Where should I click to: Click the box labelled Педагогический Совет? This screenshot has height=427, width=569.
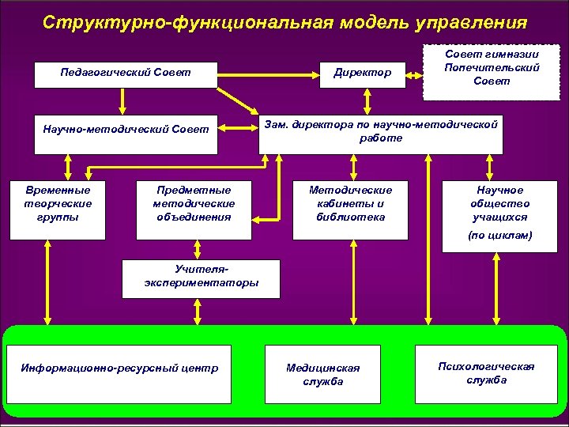(126, 74)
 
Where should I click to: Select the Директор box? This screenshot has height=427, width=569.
(362, 74)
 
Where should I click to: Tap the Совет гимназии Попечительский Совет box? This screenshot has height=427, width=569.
(480, 68)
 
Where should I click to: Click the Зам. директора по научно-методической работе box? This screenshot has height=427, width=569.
(381, 132)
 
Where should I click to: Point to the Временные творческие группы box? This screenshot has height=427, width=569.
(58, 210)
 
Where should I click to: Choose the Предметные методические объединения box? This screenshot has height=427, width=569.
(194, 210)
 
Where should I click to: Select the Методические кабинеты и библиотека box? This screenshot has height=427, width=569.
(350, 210)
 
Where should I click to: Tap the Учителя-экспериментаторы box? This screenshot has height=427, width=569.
(201, 277)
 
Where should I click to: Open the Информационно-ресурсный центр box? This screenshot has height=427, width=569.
(119, 368)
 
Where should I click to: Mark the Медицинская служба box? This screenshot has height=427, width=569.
(322, 375)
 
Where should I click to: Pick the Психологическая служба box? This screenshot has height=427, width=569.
(486, 372)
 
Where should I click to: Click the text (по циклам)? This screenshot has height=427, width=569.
(499, 236)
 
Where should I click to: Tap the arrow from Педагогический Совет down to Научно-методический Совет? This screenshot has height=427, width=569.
(122, 100)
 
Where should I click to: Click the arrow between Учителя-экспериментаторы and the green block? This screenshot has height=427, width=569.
(198, 311)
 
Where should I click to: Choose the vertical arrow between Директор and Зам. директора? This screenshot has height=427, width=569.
(367, 101)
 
